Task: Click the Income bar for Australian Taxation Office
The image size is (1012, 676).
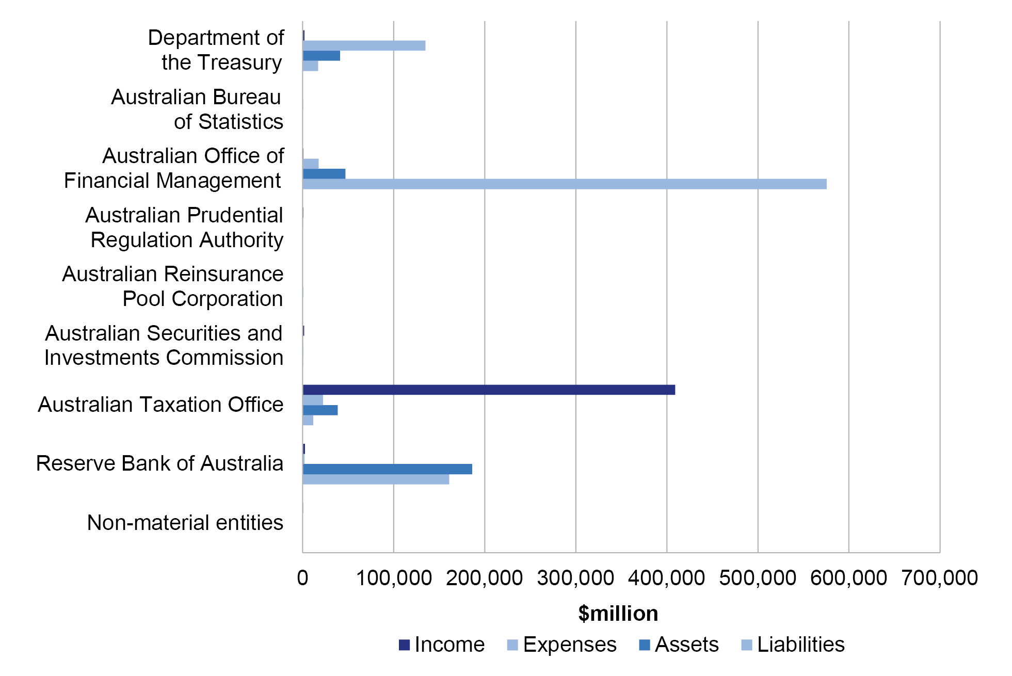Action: pos(489,390)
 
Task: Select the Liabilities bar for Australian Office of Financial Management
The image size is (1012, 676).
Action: pos(565,184)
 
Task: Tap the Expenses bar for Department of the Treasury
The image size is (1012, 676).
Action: pos(364,45)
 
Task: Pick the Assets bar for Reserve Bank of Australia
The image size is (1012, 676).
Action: pos(387,469)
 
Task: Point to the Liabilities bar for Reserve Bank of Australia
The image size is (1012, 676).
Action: pos(376,479)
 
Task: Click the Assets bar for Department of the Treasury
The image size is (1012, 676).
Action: pos(321,56)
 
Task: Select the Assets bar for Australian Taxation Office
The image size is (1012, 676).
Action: pos(320,410)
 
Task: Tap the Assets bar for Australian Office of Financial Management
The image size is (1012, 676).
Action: pos(324,174)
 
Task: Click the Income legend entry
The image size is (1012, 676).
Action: pos(442,645)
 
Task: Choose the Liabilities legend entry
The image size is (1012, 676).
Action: pos(793,645)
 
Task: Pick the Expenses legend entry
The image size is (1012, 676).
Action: pos(562,645)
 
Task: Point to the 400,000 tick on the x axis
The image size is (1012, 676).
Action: pos(666,578)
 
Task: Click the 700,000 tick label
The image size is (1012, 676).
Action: pos(939,578)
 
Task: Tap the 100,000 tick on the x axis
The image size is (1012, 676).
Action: pos(394,578)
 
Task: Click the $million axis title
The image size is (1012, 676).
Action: pos(618,614)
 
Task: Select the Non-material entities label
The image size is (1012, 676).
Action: pos(185,523)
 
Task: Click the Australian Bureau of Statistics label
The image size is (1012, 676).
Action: pos(197,109)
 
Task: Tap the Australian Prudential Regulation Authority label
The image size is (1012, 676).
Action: pos(184,228)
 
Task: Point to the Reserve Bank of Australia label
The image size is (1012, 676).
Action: pos(159,463)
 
